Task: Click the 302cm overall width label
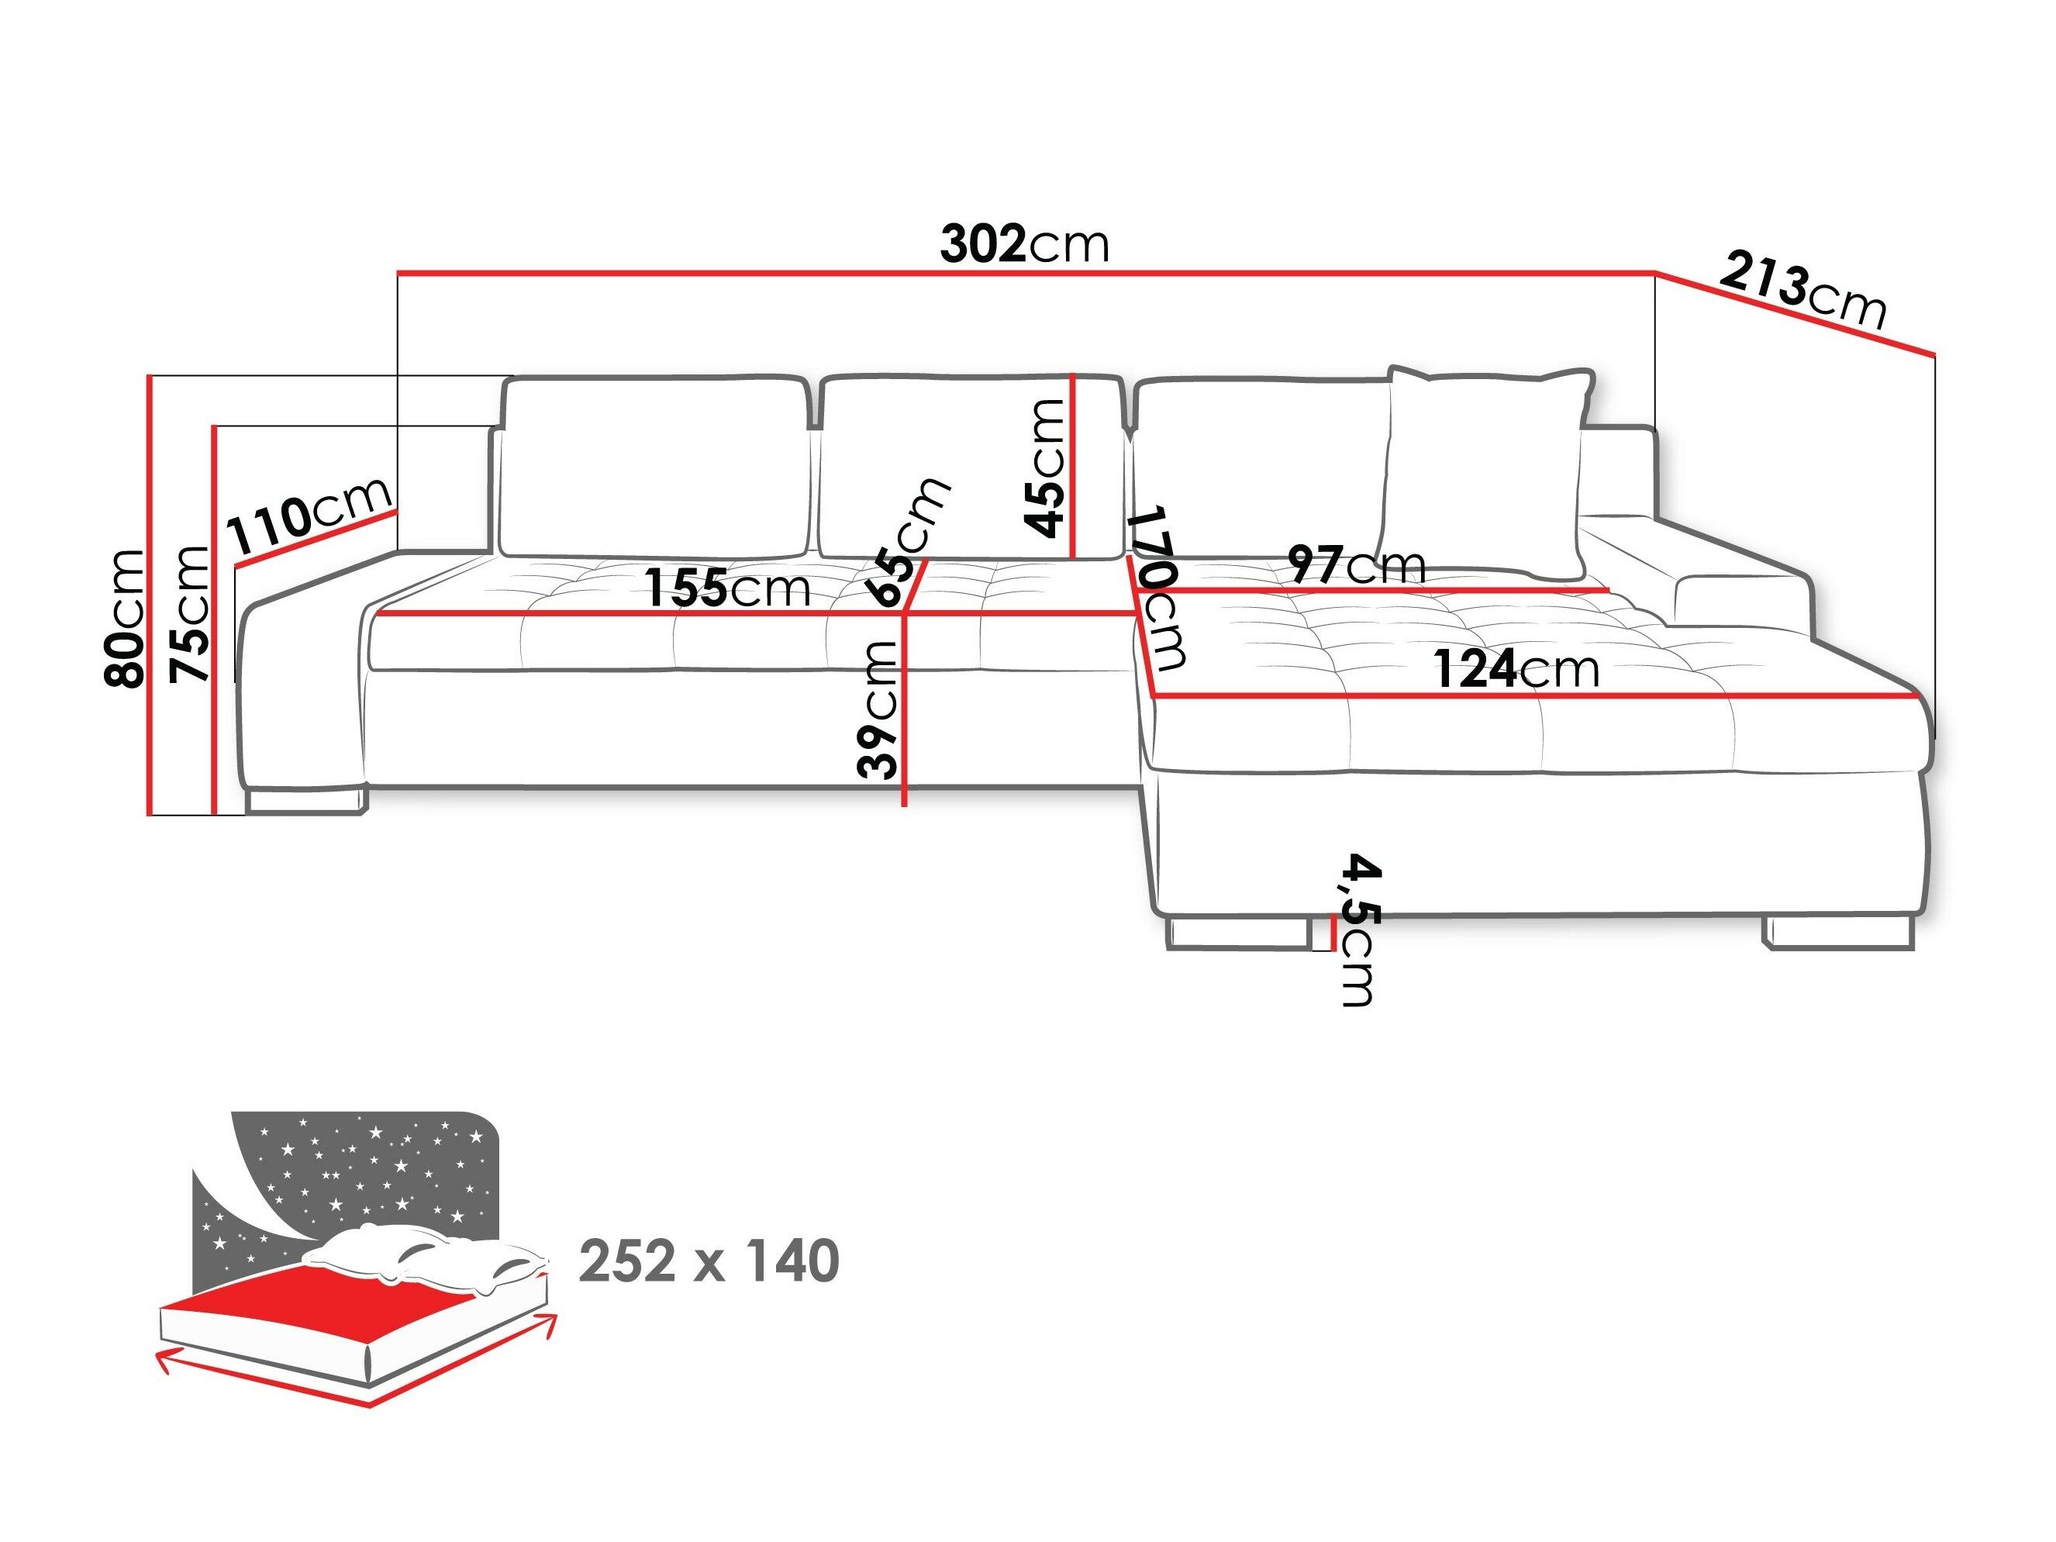[x=1024, y=244]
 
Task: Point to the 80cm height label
[x=126, y=618]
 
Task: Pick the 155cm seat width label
[x=727, y=588]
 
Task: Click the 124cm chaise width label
[x=1515, y=669]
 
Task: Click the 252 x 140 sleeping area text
[x=709, y=1261]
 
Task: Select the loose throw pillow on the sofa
[x=1485, y=469]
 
